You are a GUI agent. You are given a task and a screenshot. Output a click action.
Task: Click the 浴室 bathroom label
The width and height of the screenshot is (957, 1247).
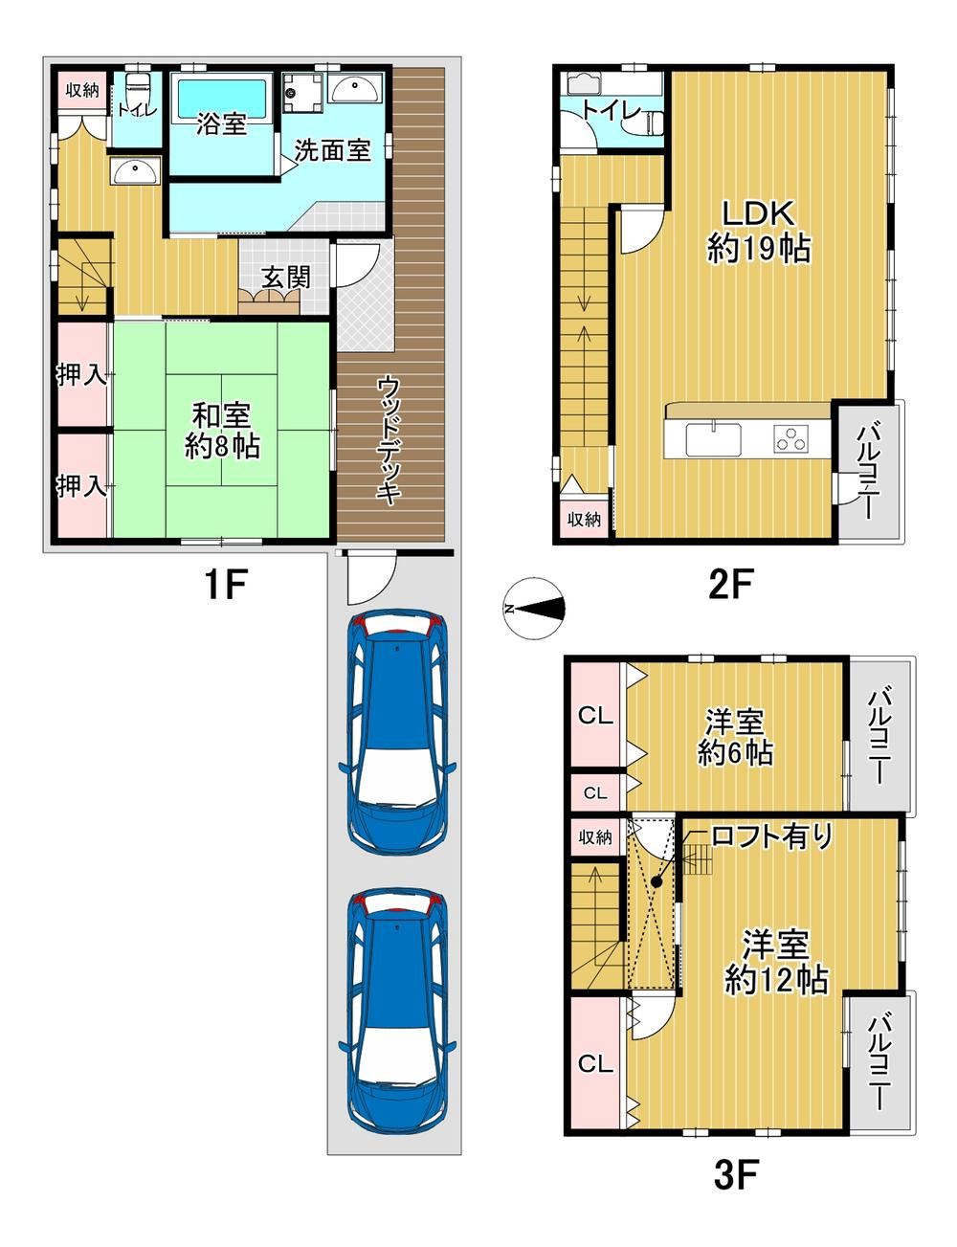point(221,124)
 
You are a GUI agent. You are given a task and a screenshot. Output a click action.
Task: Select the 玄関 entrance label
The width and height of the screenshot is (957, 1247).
point(286,278)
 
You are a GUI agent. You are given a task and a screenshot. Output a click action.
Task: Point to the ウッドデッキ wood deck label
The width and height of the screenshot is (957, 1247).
point(389,440)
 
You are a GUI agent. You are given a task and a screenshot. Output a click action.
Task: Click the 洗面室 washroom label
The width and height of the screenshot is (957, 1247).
point(333,150)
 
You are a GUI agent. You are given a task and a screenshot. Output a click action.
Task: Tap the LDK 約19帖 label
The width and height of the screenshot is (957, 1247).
point(759,232)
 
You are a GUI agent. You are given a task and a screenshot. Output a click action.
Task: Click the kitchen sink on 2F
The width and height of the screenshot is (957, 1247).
point(713,439)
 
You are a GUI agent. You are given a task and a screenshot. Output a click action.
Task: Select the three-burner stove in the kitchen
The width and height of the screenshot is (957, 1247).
point(792,439)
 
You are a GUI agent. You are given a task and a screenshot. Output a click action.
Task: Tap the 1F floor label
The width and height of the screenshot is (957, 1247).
point(226,585)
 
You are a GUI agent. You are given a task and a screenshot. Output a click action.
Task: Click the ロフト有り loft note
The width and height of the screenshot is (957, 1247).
point(770,836)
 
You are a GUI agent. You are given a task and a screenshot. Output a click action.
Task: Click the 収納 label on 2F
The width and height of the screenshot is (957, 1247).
point(584,520)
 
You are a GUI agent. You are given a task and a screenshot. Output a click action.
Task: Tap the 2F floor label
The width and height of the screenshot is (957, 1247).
point(730,584)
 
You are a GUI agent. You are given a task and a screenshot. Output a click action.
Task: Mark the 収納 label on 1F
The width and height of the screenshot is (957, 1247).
point(82,90)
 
